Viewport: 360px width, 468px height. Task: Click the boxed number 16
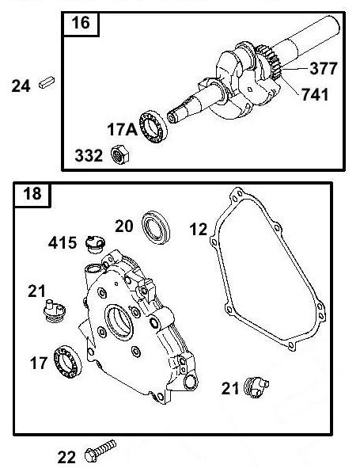[x=81, y=25]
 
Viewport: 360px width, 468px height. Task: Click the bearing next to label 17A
[x=152, y=124]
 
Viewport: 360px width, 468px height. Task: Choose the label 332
[x=90, y=155]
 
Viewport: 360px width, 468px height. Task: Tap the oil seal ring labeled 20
[x=155, y=229]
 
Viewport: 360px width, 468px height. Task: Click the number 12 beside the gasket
[x=198, y=230]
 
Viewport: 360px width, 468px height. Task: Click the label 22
[x=68, y=455]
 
